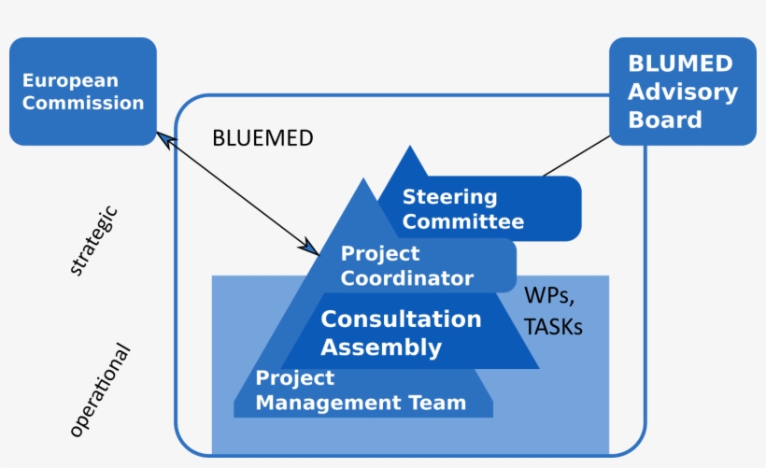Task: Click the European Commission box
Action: tap(82, 92)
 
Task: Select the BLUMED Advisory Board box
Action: tap(682, 92)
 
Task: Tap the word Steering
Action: tap(449, 197)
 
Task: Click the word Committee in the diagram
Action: tap(462, 222)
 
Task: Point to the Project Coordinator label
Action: tap(406, 266)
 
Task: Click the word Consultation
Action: tap(401, 319)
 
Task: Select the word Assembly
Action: tap(381, 348)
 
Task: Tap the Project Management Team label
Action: tap(360, 391)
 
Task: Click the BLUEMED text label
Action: tap(262, 138)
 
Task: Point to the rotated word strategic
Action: tap(94, 241)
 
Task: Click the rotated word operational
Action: tap(100, 390)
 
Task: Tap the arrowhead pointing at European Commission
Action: tap(163, 138)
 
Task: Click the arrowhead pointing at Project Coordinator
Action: tap(312, 248)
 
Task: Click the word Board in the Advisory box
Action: tap(664, 120)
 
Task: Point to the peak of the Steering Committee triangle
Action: tap(408, 148)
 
